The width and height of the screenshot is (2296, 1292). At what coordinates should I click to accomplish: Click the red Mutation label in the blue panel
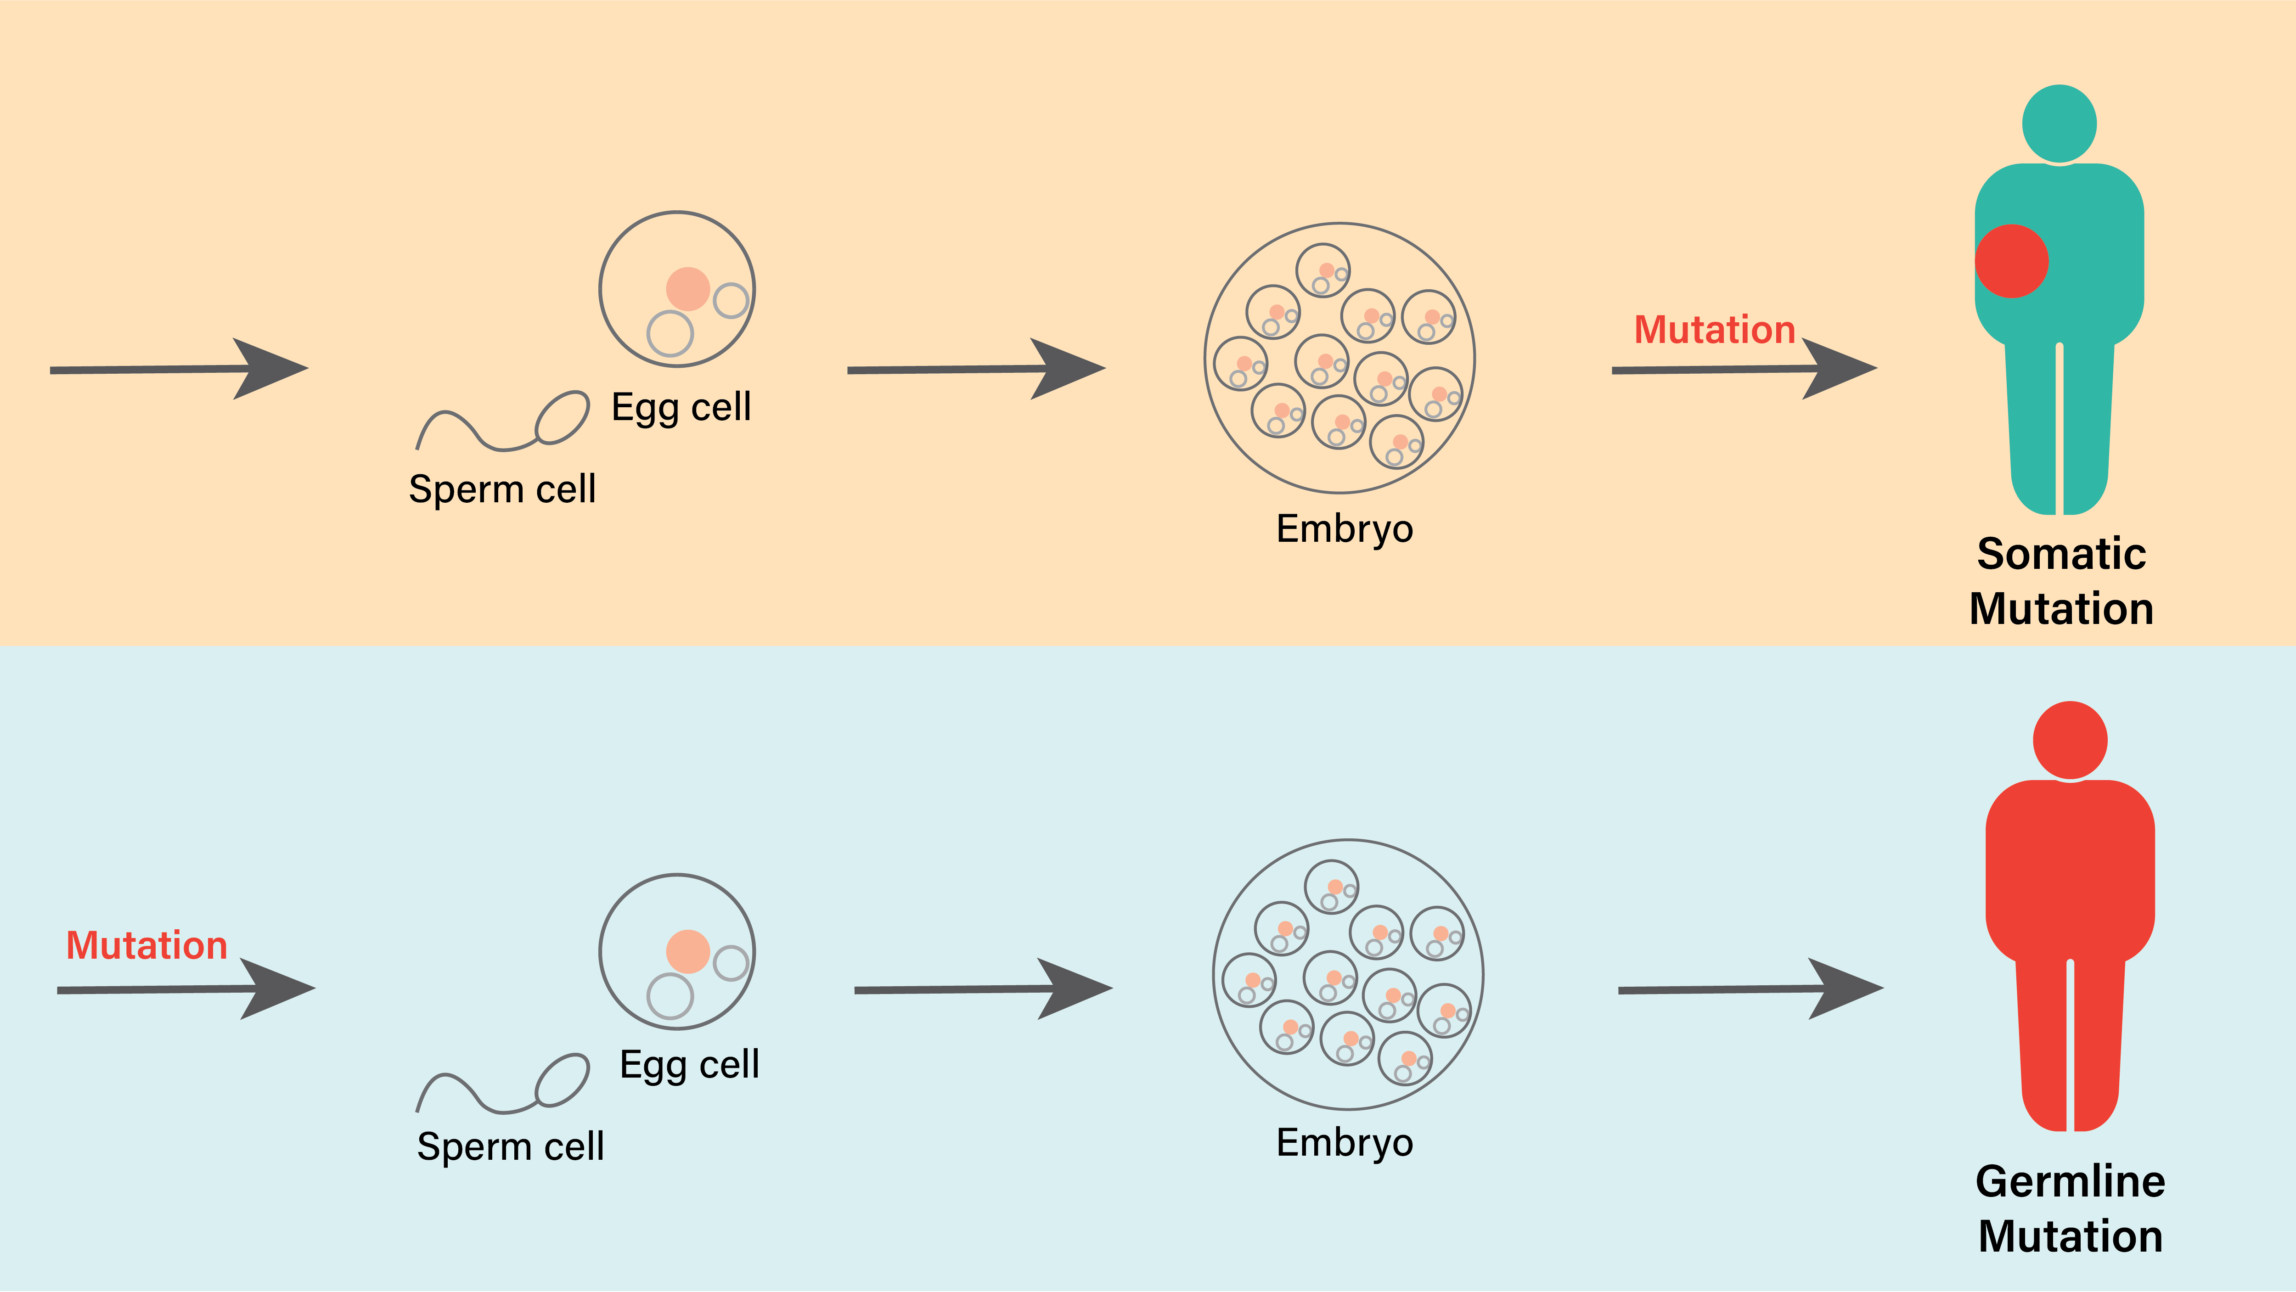tap(147, 945)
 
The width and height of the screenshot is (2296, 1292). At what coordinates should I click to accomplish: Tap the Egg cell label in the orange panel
tap(681, 407)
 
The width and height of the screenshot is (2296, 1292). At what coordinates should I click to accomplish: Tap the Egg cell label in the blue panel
tap(689, 1065)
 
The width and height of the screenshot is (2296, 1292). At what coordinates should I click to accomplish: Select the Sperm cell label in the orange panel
tap(502, 489)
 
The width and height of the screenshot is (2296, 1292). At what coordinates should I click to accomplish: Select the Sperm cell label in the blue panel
tap(510, 1147)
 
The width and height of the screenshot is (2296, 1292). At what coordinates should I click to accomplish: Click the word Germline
tap(2070, 1181)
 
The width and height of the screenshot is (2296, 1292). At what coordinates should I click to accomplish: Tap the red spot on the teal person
tap(2012, 261)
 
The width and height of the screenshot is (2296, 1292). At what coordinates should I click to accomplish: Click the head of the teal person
tap(2059, 124)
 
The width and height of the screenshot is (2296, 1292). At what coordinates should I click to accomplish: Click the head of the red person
tap(2070, 740)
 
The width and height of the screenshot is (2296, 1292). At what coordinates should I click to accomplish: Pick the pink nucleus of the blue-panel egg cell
tap(687, 952)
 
